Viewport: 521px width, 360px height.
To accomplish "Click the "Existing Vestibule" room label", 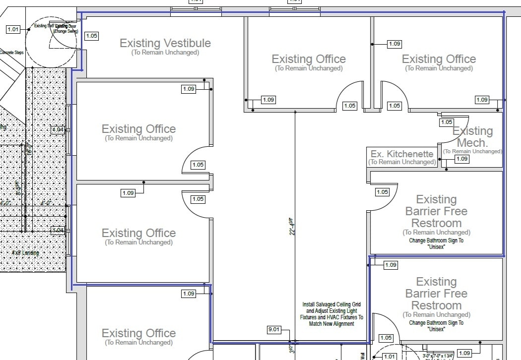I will pyautogui.click(x=165, y=43).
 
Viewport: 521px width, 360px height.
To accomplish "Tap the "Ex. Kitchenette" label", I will pyautogui.click(x=402, y=154).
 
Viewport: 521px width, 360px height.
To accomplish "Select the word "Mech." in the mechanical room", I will pyautogui.click(x=472, y=143).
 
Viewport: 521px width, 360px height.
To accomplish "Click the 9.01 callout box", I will pyautogui.click(x=274, y=329).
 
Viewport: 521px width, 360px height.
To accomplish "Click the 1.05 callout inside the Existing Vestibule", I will pyautogui.click(x=92, y=36).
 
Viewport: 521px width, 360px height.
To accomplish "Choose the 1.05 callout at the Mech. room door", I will pyautogui.click(x=447, y=122).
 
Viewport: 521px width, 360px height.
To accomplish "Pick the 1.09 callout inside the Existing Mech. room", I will pyautogui.click(x=462, y=159).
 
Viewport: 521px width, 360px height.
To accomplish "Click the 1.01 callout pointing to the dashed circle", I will pyautogui.click(x=13, y=29).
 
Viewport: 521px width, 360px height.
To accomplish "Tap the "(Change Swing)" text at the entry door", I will pyautogui.click(x=65, y=31).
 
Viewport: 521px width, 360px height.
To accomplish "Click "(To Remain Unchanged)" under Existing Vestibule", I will pyautogui.click(x=165, y=53).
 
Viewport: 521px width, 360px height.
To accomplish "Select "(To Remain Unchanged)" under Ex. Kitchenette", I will pyautogui.click(x=402, y=162).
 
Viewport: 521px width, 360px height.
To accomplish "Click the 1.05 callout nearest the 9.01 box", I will pyautogui.click(x=386, y=338).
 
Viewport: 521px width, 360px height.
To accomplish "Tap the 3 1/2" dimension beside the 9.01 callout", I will pyautogui.click(x=291, y=350).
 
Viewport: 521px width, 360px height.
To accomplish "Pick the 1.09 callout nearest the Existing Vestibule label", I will pyautogui.click(x=189, y=89).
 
